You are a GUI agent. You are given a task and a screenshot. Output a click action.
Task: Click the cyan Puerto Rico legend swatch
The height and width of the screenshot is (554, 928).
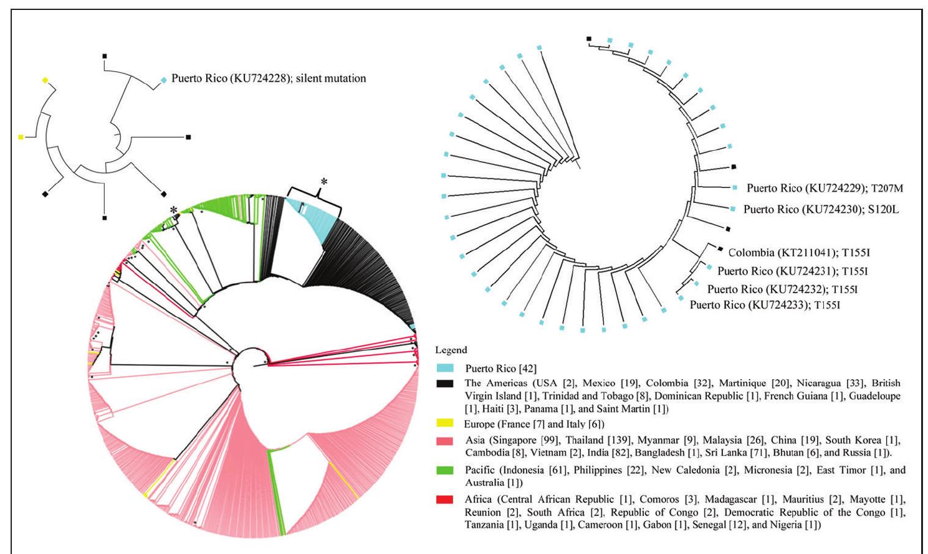[444, 369]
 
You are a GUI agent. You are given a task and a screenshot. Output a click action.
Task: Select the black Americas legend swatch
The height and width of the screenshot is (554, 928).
[444, 383]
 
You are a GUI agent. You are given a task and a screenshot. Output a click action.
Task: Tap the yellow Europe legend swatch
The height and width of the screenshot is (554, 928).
[444, 424]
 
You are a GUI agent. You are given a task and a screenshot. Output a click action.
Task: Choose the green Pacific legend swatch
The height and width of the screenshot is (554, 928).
[444, 471]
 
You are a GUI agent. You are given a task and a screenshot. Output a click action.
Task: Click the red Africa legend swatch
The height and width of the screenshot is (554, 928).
[444, 500]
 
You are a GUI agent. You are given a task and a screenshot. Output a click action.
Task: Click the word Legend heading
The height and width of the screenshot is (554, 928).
[451, 350]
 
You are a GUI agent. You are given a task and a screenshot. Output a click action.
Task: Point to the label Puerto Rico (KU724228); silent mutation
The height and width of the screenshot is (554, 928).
[269, 78]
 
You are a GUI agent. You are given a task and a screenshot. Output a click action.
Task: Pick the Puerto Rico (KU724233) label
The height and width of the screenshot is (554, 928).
[765, 305]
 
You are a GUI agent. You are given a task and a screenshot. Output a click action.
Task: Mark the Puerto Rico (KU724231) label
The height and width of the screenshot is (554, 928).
[792, 271]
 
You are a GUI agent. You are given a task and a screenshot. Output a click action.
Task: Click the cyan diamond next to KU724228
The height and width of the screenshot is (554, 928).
[164, 80]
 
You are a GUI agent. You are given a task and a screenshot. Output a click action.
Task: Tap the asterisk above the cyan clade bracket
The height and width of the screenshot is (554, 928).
[323, 182]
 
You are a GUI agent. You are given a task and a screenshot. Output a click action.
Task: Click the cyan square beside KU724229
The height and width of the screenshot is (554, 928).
[735, 187]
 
